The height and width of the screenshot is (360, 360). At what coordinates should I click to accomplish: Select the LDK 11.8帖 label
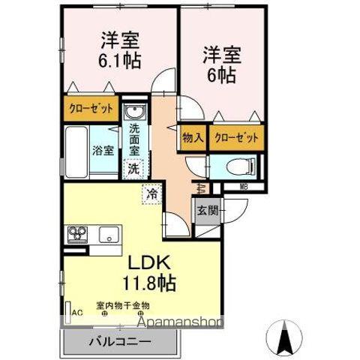(x=149, y=274)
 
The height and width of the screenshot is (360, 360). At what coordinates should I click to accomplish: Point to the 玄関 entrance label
(x=207, y=211)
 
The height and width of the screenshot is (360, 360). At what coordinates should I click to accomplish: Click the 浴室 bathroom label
(x=103, y=149)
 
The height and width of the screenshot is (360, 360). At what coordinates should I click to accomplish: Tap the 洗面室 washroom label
(x=134, y=139)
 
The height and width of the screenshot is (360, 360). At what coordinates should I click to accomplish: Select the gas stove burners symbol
(x=78, y=235)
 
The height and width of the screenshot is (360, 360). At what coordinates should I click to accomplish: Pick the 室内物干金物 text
(x=123, y=305)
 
